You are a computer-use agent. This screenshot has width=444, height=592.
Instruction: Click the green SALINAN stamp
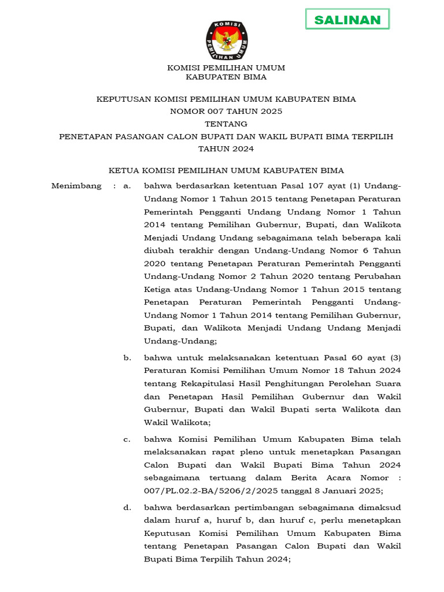coord(347,20)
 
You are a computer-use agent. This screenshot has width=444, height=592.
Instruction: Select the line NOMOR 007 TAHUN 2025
coord(226,111)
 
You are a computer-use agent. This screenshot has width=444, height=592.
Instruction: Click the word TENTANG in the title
coord(226,124)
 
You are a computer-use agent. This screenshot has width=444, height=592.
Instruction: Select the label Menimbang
coord(76,186)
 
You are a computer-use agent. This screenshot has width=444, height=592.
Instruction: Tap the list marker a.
coord(127,186)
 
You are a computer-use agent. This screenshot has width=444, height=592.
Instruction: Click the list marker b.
coord(127,358)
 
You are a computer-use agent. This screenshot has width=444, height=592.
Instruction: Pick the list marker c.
coord(127,439)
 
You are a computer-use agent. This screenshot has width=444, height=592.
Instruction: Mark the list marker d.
coord(127,508)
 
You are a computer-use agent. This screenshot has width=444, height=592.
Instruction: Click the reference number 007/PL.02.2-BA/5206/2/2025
coord(213,491)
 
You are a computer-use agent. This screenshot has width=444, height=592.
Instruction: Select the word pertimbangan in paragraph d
coord(265,508)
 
